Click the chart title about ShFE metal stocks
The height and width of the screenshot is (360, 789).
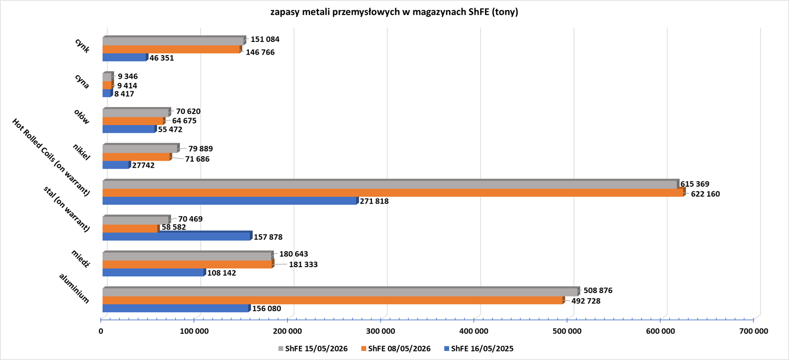click(394, 12)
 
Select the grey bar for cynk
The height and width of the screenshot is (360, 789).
click(174, 41)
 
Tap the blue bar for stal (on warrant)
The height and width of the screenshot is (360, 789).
click(178, 236)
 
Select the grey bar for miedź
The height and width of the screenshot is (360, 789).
click(188, 255)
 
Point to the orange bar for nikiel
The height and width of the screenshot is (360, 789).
click(137, 157)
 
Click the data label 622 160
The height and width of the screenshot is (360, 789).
click(705, 194)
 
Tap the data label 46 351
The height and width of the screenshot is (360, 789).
click(162, 58)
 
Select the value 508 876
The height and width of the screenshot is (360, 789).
click(598, 290)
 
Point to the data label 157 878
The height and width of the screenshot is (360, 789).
click(268, 237)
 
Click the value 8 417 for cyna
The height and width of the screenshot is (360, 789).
click(124, 94)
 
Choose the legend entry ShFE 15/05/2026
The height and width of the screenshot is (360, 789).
click(313, 349)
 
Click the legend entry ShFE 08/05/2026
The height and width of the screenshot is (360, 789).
click(396, 349)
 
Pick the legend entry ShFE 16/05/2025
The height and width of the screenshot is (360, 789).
click(479, 349)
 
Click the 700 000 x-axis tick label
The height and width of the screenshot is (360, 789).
click(754, 331)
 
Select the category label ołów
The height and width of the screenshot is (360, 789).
click(82, 116)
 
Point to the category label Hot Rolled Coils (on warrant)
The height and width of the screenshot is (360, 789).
click(51, 157)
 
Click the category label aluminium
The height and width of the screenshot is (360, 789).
click(74, 288)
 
